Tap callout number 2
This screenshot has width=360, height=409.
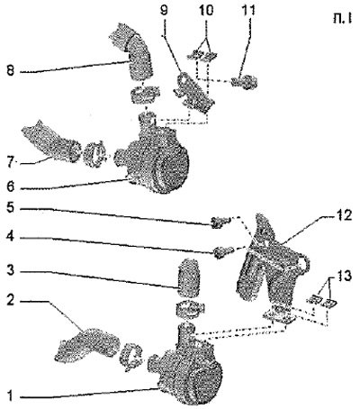[x=11, y=301]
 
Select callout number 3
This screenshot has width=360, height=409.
[x=11, y=271]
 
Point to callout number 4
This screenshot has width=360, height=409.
[x=11, y=237]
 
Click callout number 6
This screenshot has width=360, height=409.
[x=11, y=186]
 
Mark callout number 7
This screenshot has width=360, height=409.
[x=11, y=162]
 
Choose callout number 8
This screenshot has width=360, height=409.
[x=11, y=71]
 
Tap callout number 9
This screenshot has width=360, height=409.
[x=164, y=10]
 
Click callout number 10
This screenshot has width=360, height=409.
[x=206, y=10]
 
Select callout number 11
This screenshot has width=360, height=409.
[x=248, y=10]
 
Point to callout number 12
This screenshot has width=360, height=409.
[x=343, y=215]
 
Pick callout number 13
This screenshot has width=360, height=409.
[x=343, y=276]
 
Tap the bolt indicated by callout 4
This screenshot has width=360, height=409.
[x=223, y=251]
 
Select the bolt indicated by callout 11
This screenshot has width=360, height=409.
[x=245, y=82]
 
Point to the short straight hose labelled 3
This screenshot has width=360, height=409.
[x=188, y=276]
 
